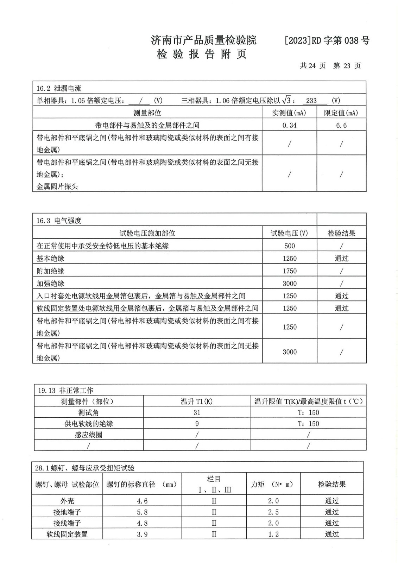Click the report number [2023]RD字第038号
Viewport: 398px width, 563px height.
click(x=327, y=40)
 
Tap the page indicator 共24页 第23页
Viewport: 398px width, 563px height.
click(x=330, y=66)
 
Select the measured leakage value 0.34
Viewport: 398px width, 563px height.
click(x=289, y=125)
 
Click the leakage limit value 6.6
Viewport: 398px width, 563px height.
click(x=341, y=125)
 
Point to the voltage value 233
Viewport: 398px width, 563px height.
click(x=311, y=101)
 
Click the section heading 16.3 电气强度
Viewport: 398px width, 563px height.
click(x=59, y=221)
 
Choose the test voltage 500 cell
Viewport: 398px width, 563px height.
click(x=290, y=246)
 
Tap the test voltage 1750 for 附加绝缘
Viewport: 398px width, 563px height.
click(x=290, y=271)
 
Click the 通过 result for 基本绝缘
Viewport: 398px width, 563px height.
click(x=341, y=259)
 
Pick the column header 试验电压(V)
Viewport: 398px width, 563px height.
click(x=289, y=233)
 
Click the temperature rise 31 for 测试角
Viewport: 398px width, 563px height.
click(x=197, y=412)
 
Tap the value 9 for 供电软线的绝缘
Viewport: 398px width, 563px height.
click(x=197, y=424)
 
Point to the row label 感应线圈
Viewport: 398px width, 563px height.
click(x=88, y=435)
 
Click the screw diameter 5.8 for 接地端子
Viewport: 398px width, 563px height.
click(x=142, y=512)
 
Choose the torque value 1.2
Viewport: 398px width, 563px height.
click(x=273, y=534)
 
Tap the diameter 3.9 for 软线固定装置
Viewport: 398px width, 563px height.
click(x=142, y=534)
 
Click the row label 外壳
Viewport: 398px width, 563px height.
click(x=67, y=501)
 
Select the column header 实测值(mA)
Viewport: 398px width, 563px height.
click(x=289, y=113)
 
